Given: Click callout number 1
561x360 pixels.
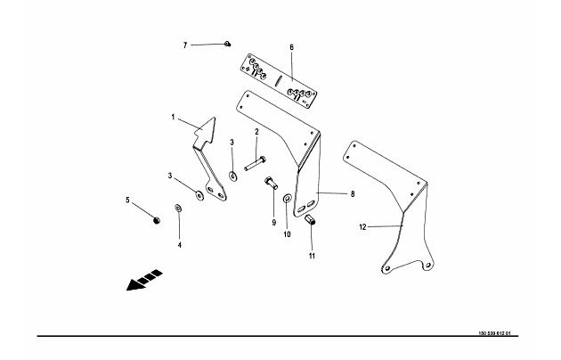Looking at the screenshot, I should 175,116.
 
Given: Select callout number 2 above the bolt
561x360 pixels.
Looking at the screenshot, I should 256,133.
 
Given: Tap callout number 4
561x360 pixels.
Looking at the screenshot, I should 178,243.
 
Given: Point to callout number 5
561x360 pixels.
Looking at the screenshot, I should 128,201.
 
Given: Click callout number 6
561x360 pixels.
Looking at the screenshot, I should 291,46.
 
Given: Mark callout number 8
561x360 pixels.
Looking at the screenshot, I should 353,193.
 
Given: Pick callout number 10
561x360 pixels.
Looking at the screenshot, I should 287,235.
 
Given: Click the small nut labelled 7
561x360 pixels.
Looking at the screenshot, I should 229,43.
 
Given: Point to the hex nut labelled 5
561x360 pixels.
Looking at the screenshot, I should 157,220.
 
